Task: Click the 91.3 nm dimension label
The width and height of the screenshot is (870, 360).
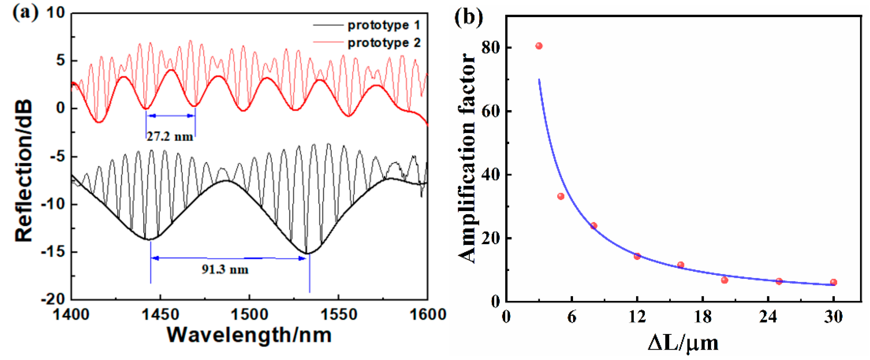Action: coord(225,270)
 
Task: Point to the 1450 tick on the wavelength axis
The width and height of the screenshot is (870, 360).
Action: coord(160,315)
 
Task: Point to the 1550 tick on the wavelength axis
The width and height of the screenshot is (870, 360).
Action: coord(339,315)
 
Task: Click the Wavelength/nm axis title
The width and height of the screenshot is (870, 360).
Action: coord(249,335)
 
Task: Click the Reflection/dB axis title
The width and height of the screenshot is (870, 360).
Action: coord(24,171)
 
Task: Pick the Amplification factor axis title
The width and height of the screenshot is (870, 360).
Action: coord(467,159)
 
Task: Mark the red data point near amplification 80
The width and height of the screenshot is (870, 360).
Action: coord(539,46)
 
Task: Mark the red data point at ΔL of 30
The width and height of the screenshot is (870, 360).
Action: coord(833,282)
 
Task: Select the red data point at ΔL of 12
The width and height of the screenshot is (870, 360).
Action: coord(637,256)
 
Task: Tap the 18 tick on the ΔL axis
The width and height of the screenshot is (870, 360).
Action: coord(703,317)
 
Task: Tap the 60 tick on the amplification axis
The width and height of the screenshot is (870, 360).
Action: coord(491,112)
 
